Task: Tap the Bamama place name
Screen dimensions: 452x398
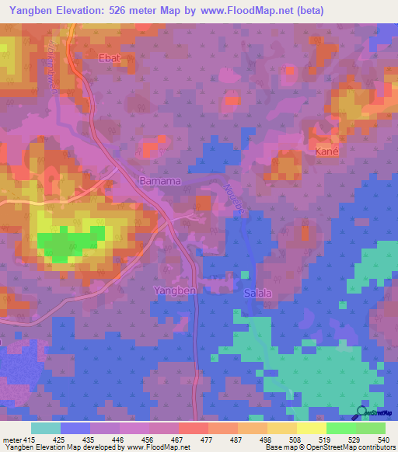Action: coord(160,181)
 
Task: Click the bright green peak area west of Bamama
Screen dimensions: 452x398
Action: coord(73,242)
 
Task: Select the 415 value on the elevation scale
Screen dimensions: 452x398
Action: coord(29,440)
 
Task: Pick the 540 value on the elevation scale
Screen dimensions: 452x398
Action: coord(382,440)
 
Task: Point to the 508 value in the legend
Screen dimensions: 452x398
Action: coord(294,440)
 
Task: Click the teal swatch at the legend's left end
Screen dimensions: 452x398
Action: coord(45,428)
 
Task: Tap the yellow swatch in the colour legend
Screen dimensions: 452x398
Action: coord(311,428)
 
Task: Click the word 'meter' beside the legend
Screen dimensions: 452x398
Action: coord(11,440)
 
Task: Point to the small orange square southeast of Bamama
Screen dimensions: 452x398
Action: coord(203,203)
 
